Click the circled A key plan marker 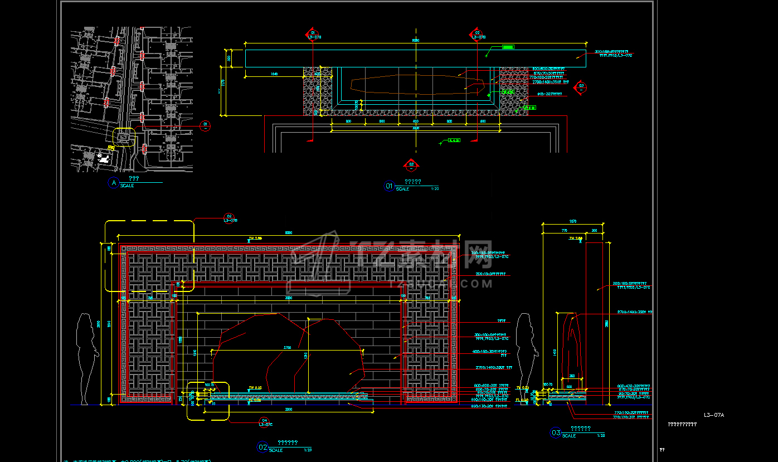coord(114,183)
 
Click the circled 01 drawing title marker coord(389,186)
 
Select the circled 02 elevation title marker coord(262,447)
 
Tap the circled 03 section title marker coord(556,432)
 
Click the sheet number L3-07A coord(713,415)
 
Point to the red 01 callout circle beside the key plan coord(205,126)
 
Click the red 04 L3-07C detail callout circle coord(265,422)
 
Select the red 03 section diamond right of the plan coord(581,87)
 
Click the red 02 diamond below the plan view coord(411,164)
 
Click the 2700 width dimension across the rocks coord(288,348)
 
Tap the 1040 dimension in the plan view coord(274,74)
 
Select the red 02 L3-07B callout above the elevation coord(228,218)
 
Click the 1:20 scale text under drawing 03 coord(601,435)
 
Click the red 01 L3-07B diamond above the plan coord(312,35)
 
